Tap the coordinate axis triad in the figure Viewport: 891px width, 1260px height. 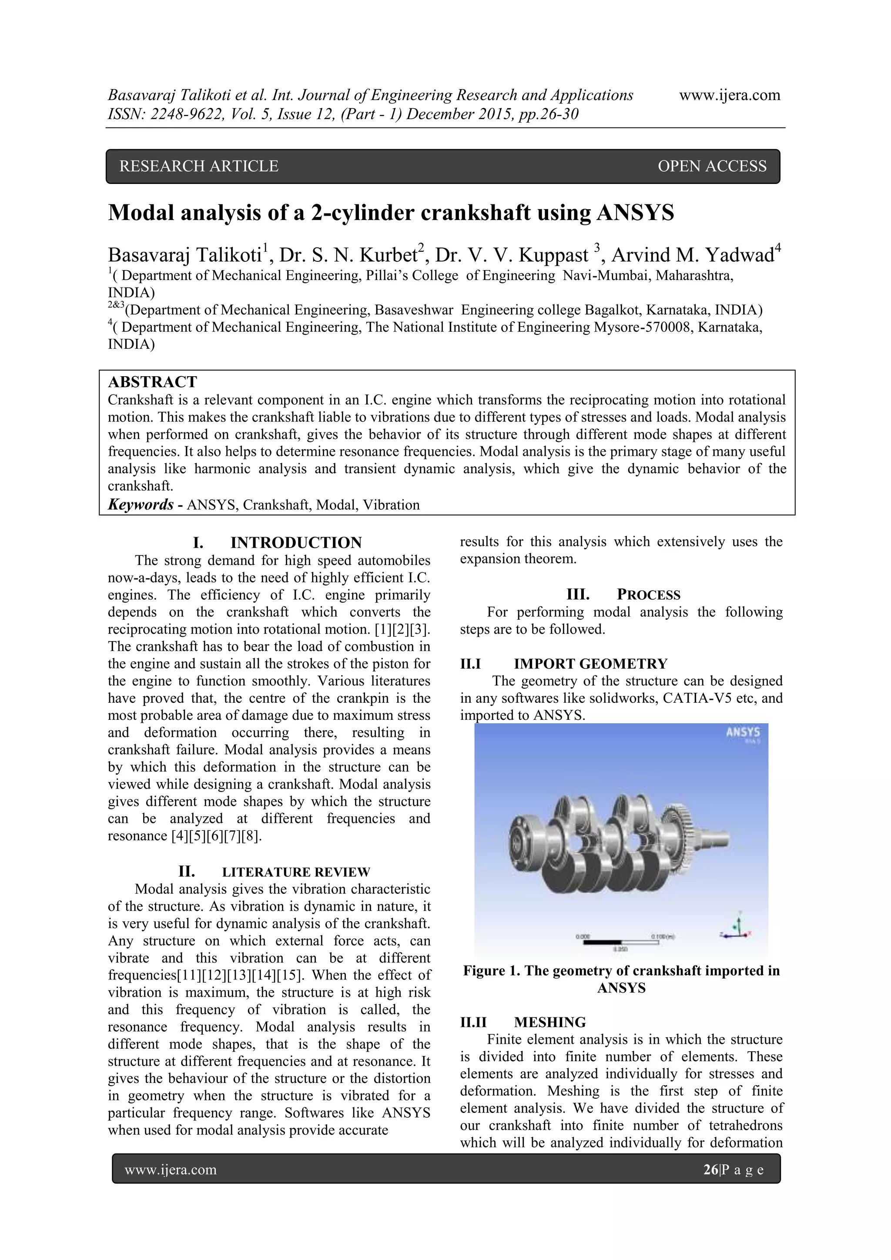tap(737, 927)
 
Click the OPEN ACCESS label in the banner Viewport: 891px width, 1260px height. tap(711, 166)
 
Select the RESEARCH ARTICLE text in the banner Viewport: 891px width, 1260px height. tap(199, 166)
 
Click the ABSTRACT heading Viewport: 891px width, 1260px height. tap(152, 382)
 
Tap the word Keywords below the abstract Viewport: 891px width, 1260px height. tap(141, 505)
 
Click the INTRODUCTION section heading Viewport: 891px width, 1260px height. tap(296, 543)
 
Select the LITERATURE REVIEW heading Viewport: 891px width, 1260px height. tap(296, 872)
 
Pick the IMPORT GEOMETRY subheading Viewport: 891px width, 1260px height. tap(590, 664)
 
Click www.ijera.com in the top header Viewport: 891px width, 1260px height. tap(730, 96)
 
